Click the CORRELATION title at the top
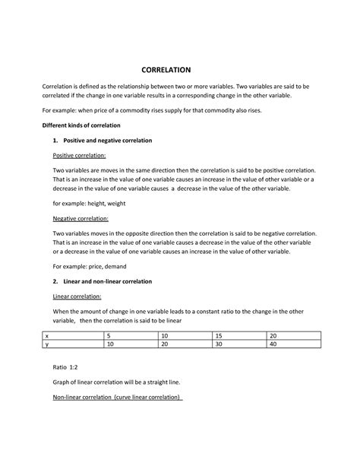pyautogui.click(x=179, y=68)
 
